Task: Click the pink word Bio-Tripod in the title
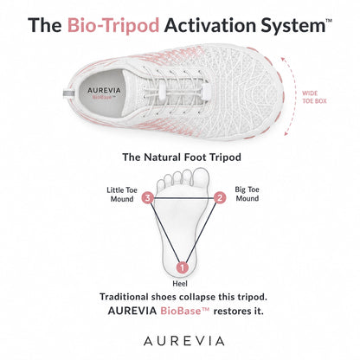[x=113, y=25]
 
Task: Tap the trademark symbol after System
[x=329, y=21]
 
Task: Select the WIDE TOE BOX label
[x=314, y=97]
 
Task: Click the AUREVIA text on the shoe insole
[x=104, y=91]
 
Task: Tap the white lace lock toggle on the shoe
[x=206, y=90]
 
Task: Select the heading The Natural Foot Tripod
[x=182, y=157]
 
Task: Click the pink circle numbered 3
[x=148, y=198]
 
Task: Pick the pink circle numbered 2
[x=220, y=198]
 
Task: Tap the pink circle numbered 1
[x=183, y=267]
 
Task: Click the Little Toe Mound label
[x=122, y=195]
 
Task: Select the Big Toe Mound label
[x=247, y=194]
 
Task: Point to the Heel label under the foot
[x=180, y=284]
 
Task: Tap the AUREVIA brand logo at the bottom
[x=184, y=341]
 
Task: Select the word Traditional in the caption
[x=124, y=297]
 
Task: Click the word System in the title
[x=293, y=26]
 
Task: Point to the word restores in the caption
[x=232, y=312]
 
